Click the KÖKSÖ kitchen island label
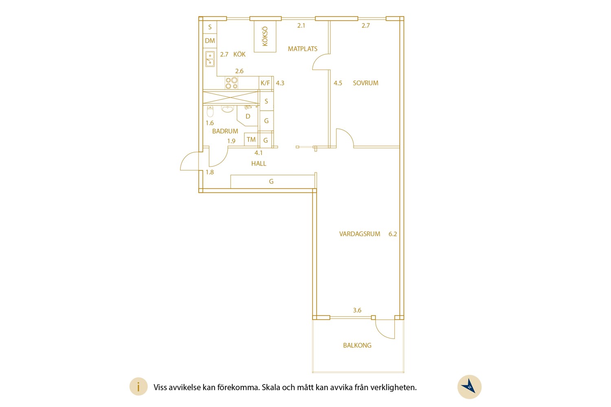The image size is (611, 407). tap(265, 37)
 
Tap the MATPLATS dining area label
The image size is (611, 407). tap(303, 49)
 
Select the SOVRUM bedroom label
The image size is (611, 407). tap(365, 83)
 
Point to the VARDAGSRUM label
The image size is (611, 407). tap(360, 234)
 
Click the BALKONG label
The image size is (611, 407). tap(357, 346)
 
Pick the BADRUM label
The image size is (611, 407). tap(225, 131)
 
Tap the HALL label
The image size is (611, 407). tap(259, 164)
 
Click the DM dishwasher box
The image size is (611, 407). tap(210, 41)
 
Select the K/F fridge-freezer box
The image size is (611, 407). tap(266, 83)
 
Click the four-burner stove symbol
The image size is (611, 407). tap(232, 83)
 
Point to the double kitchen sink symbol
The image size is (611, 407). tap(210, 59)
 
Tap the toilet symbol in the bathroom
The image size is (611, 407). tap(210, 111)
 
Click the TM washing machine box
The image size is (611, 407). tap(251, 140)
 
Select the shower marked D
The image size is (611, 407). tap(247, 116)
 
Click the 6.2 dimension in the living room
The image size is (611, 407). tap(393, 234)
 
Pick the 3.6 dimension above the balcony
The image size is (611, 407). tap(357, 310)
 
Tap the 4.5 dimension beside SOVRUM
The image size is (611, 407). tap(338, 83)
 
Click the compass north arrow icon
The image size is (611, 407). tap(469, 387)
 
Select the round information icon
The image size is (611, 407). tap(138, 387)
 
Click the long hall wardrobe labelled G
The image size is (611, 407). tap(273, 182)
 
